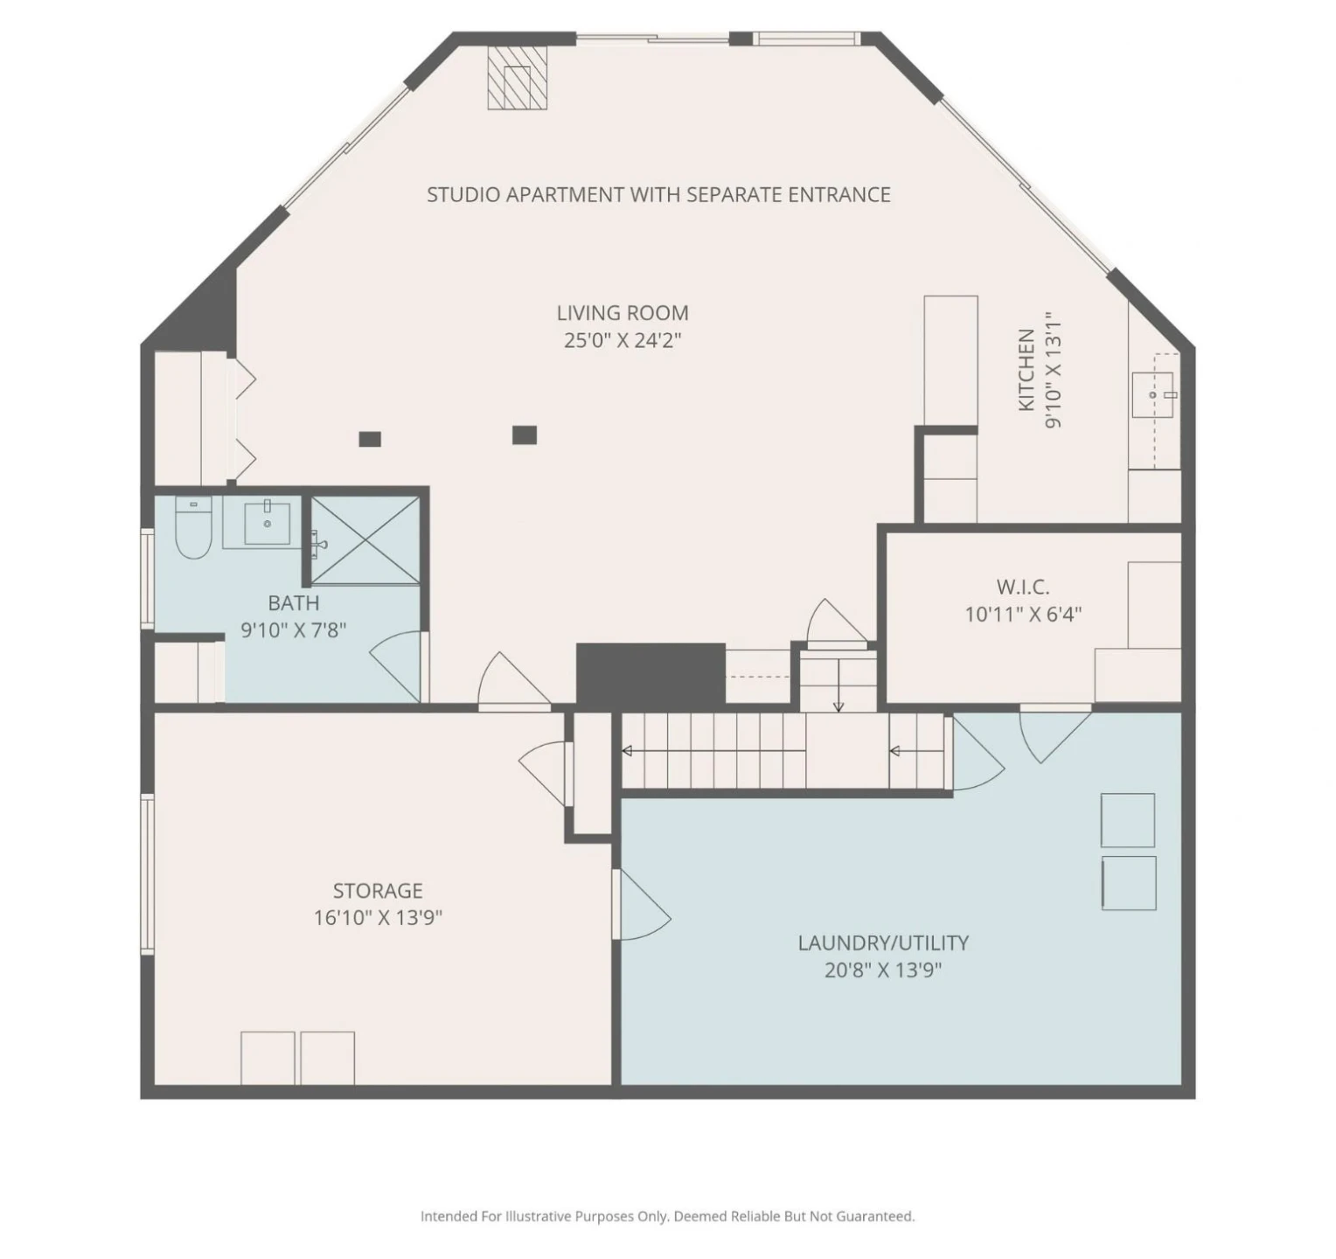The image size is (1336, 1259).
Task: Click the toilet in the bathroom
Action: [x=193, y=527]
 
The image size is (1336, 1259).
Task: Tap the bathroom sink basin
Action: [x=267, y=523]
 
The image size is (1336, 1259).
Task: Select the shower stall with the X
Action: [x=365, y=539]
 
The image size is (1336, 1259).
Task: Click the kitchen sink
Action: [x=1153, y=394]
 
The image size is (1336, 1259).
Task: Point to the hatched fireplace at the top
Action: [x=517, y=77]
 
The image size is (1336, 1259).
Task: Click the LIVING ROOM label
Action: [x=623, y=312]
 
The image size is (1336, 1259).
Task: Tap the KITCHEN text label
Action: [x=1026, y=370]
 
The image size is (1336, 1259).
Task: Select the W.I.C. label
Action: [x=1023, y=587]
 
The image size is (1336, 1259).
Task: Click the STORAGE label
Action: [x=378, y=891]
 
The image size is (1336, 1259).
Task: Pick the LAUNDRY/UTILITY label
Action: [x=883, y=943]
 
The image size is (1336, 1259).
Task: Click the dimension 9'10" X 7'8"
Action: [x=294, y=629]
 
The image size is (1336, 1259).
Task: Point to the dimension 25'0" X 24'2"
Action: [x=623, y=340]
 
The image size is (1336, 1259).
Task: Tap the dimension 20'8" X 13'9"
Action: [x=883, y=970]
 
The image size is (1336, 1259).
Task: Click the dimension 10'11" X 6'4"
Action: [x=1023, y=614]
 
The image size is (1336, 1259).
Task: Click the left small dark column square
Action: [x=370, y=439]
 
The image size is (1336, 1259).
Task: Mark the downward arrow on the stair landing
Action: [x=838, y=685]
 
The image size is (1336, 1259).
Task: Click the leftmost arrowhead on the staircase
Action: [x=627, y=751]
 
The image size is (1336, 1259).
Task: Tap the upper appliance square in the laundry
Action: [x=1128, y=820]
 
